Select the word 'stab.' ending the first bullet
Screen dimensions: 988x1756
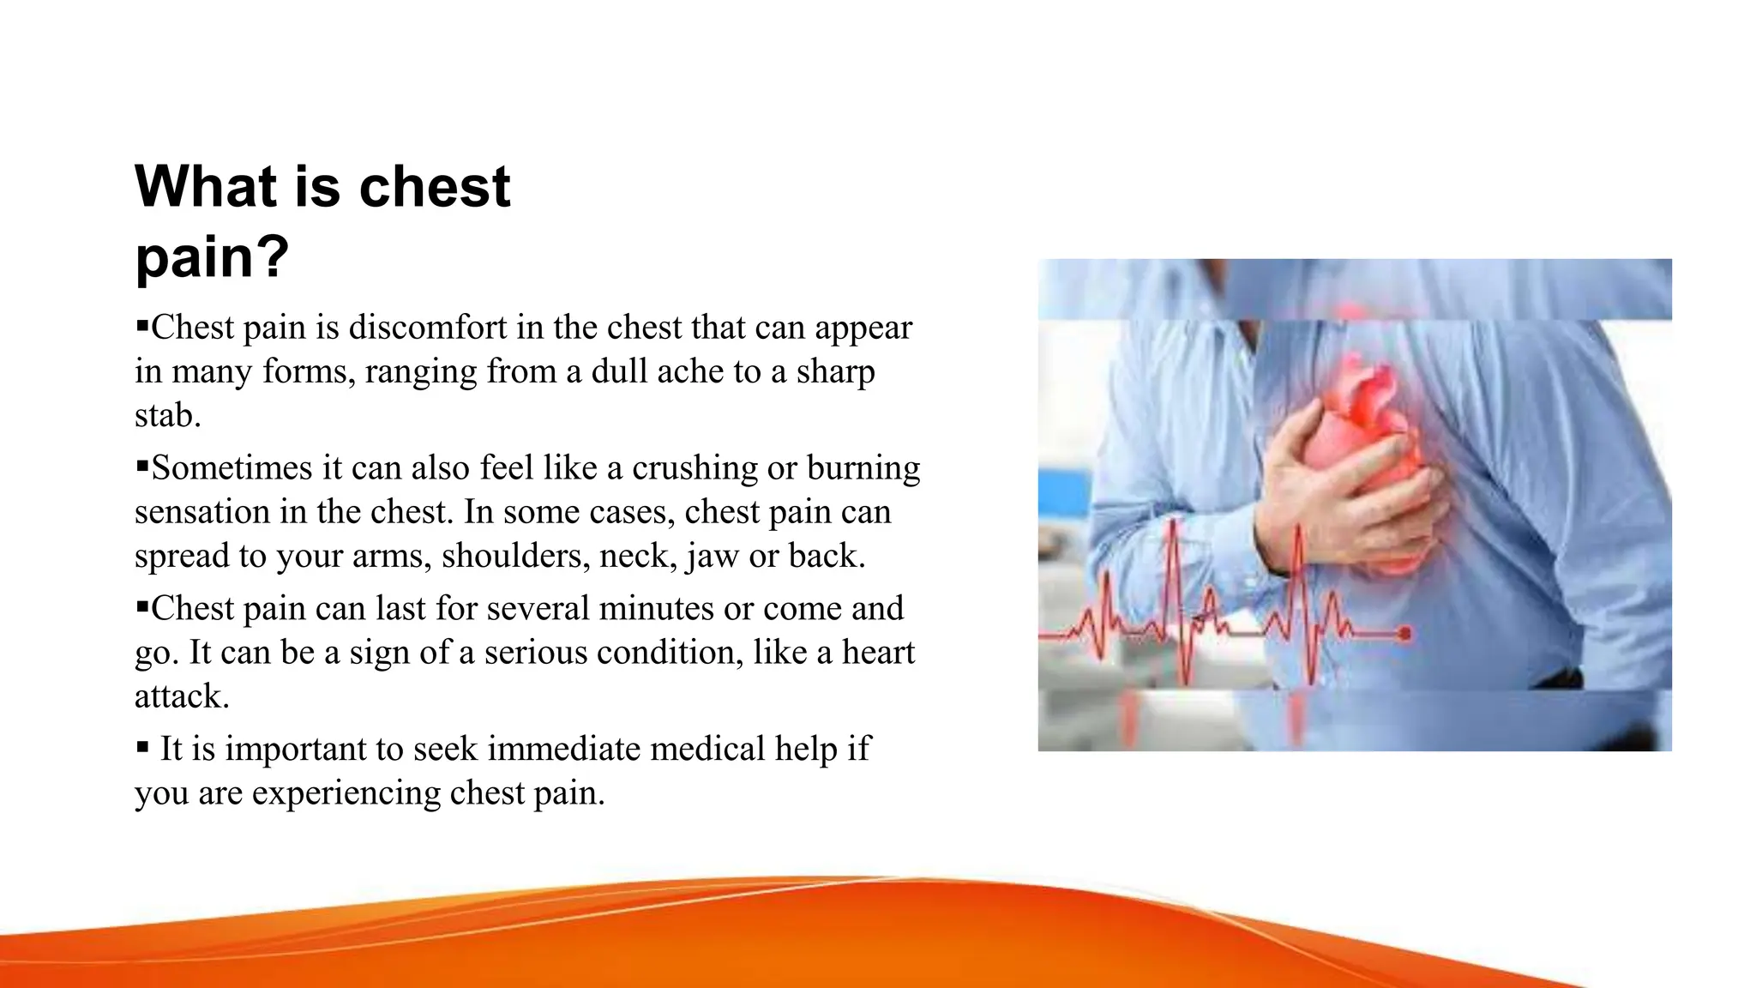[167, 415]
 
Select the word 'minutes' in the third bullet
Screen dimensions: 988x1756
[656, 609]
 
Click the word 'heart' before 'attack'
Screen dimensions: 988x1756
[878, 653]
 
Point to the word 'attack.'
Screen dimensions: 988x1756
[182, 696]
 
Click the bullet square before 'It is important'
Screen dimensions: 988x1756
[142, 747]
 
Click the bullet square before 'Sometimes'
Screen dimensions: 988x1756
[142, 466]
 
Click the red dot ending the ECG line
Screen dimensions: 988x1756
[1404, 635]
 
